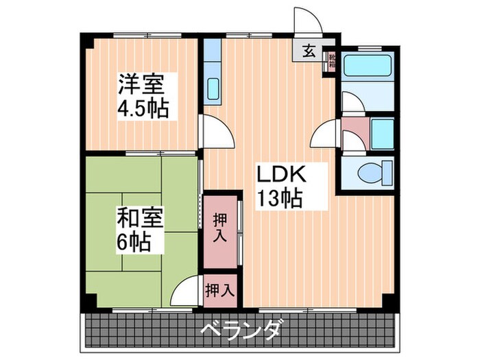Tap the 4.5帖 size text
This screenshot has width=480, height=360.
point(143,109)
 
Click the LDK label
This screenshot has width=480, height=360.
point(280,174)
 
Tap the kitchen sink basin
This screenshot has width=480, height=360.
point(213,89)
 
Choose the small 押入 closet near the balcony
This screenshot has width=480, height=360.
point(219,289)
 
